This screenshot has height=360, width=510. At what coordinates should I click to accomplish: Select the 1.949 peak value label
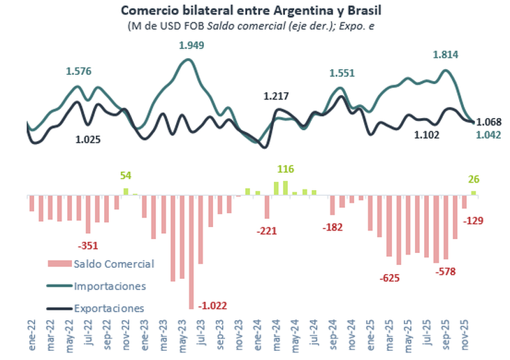tap(192, 45)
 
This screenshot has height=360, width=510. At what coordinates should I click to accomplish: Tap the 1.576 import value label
tap(79, 71)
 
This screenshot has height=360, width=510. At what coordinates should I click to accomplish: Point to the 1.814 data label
tap(446, 55)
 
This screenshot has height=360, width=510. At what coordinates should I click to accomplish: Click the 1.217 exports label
tap(276, 96)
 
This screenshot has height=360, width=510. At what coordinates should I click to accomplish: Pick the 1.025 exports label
tap(88, 139)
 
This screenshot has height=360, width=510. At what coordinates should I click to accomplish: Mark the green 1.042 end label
tap(488, 135)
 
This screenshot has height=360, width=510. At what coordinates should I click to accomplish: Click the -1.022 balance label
tap(212, 305)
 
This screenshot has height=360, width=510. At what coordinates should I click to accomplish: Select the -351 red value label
tap(88, 245)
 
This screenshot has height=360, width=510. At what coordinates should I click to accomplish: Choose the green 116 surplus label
tap(285, 169)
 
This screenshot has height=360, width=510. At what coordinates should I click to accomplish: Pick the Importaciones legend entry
tap(109, 286)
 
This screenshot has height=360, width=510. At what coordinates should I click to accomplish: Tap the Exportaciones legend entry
tap(109, 308)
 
